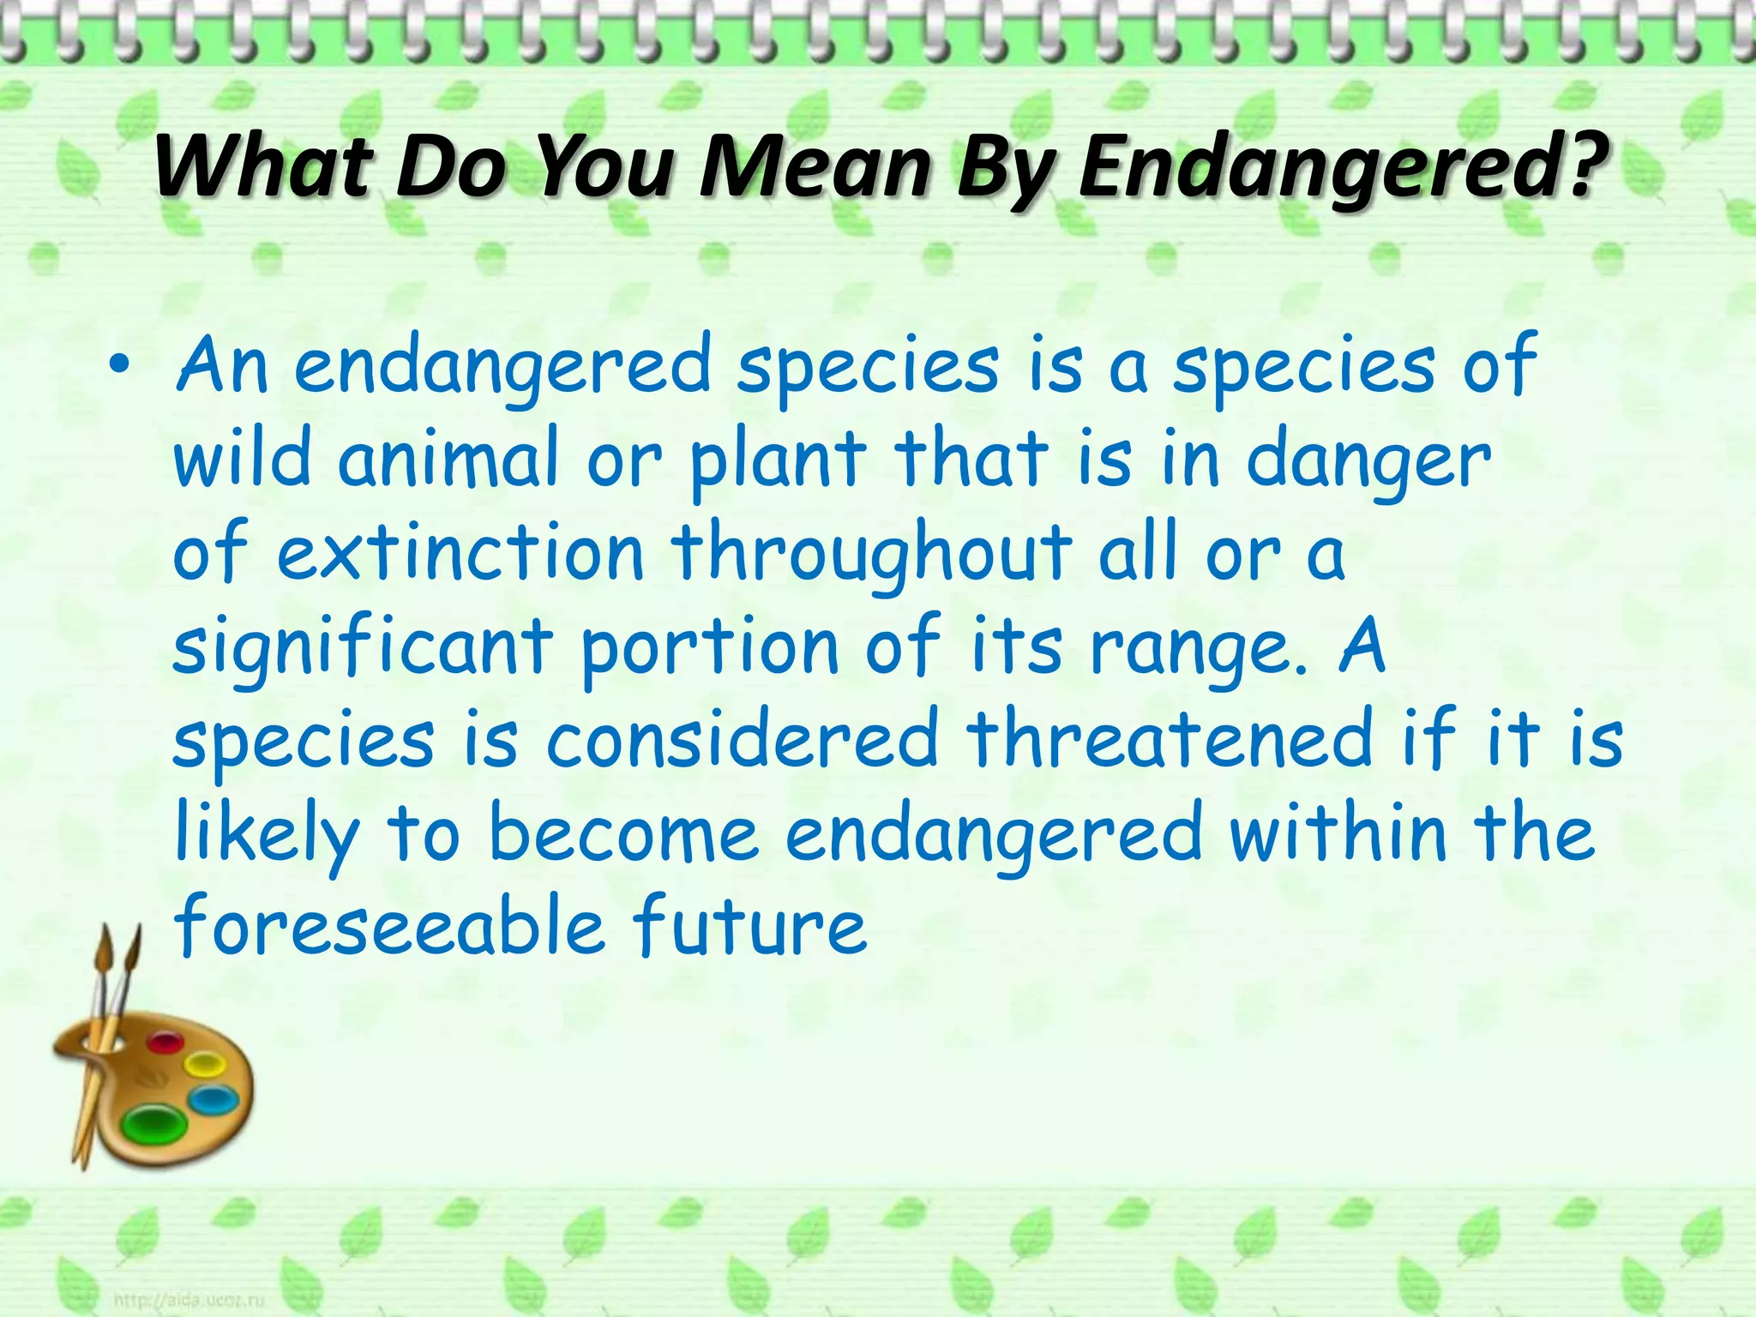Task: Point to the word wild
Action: tap(241, 458)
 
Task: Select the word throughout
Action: tap(871, 554)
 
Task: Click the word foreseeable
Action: tap(390, 927)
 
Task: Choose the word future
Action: tap(749, 927)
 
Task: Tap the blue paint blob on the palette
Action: tap(213, 1097)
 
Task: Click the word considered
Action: tap(743, 739)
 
